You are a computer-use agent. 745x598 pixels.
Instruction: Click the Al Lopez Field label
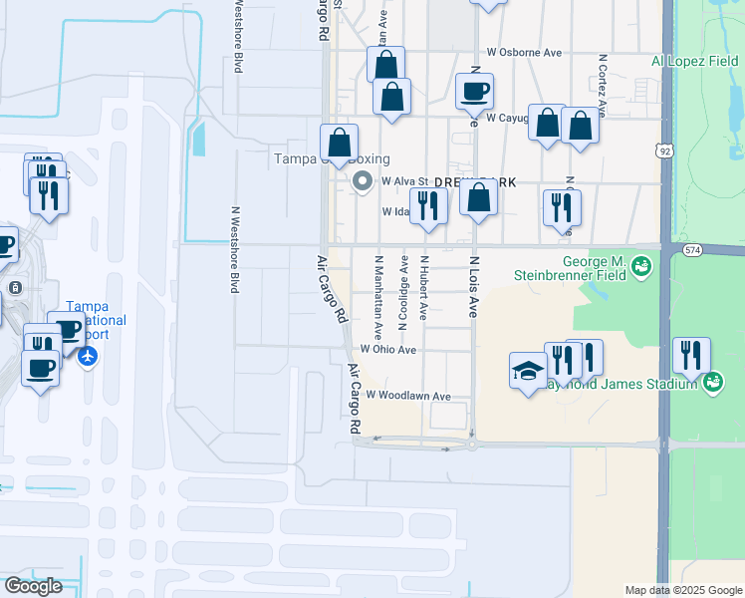(x=695, y=61)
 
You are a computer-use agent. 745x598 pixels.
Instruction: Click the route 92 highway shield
(x=663, y=149)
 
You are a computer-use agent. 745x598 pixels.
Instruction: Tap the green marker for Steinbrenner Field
(x=642, y=266)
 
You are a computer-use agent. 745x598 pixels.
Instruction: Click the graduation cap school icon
(x=527, y=371)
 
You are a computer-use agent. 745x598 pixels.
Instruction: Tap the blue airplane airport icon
(x=89, y=356)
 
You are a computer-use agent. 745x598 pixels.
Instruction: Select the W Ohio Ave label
(x=388, y=350)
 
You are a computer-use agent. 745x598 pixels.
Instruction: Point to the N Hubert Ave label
(x=424, y=287)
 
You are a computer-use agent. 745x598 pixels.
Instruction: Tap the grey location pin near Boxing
(x=363, y=181)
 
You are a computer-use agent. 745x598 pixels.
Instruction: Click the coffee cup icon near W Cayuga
(x=475, y=92)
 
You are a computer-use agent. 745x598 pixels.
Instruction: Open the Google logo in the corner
(x=33, y=586)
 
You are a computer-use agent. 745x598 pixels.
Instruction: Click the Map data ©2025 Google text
(x=682, y=590)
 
